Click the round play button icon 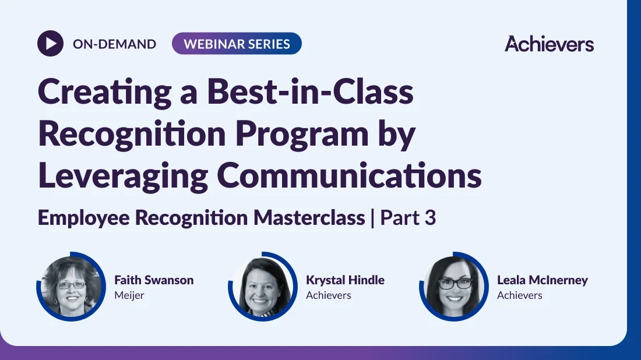tap(50, 43)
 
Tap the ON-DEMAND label tap(114, 44)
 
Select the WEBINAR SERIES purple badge tap(237, 44)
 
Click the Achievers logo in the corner tap(549, 44)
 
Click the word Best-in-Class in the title tap(310, 91)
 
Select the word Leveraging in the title tap(123, 177)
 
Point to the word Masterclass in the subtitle tap(309, 217)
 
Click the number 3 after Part tap(430, 218)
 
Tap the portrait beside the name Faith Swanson tap(71, 287)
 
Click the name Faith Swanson tap(154, 280)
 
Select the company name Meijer tap(129, 295)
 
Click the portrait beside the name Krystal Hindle tap(263, 287)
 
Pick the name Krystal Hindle tap(345, 280)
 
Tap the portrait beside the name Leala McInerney tap(454, 287)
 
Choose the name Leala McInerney tap(543, 280)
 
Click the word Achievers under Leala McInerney tap(520, 295)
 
